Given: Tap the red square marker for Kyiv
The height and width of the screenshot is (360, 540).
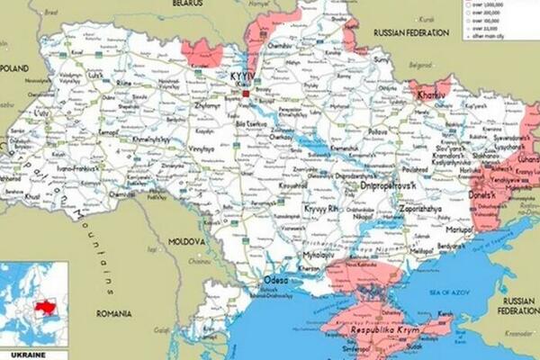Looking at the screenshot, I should coord(245,92).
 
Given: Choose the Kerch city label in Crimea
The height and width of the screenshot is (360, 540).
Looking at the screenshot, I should coord(444,313).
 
